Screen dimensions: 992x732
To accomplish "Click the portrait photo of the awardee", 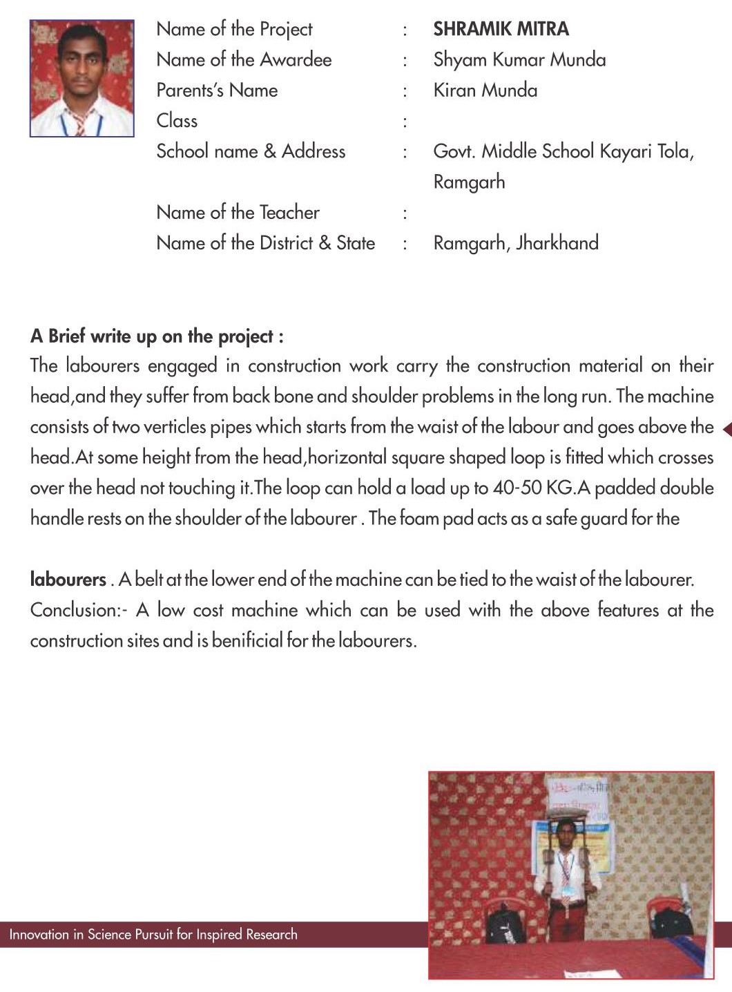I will tap(81, 78).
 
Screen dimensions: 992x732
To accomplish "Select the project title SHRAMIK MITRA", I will tap(501, 29).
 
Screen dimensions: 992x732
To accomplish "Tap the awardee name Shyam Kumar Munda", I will tap(519, 60).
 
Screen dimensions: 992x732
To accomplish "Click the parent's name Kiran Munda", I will tap(485, 90).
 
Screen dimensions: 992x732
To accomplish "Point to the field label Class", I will tap(177, 121).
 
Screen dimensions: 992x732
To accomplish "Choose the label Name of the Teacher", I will tap(238, 212).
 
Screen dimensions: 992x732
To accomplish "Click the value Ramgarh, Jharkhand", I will tap(515, 243).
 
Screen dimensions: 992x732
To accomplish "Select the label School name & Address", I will tap(251, 151).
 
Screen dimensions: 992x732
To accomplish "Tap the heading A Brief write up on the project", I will tap(157, 336).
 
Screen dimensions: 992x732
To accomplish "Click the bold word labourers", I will tap(68, 580).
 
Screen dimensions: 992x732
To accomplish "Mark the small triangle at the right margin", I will tap(726, 430).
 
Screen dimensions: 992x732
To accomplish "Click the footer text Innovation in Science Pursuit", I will tap(153, 935).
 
